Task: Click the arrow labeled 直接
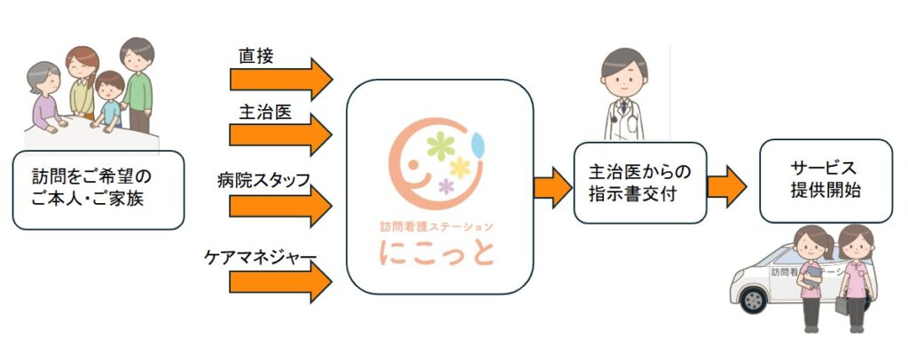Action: click(279, 79)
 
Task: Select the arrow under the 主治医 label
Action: click(279, 136)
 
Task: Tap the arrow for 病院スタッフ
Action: click(279, 206)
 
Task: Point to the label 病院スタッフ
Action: click(263, 181)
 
